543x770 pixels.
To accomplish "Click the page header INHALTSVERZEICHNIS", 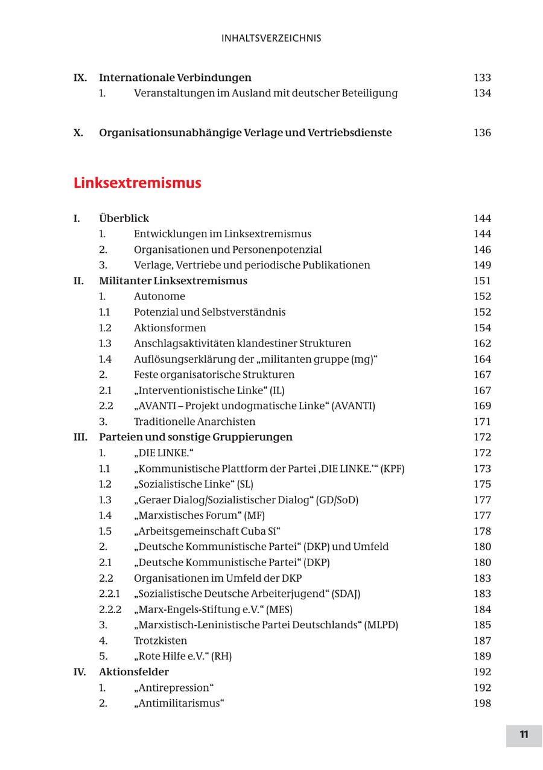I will click(271, 38).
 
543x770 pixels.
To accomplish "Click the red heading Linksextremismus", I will click(137, 183).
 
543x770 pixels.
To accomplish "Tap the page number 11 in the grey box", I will click(524, 734).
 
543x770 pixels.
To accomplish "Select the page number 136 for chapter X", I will click(482, 133).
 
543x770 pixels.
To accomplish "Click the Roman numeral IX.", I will click(80, 78).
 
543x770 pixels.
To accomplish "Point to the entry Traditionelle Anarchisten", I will click(194, 422).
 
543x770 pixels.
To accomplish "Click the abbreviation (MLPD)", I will click(381, 625).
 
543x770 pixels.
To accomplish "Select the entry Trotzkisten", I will click(160, 641).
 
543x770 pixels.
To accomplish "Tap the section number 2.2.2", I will click(110, 609).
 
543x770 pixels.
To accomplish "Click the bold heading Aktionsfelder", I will click(134, 672).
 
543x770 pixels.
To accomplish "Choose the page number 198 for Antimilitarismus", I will click(482, 703).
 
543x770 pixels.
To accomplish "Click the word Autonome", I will click(159, 296).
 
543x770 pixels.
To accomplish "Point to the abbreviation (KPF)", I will click(393, 469).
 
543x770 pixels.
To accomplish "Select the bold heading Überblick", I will click(124, 218).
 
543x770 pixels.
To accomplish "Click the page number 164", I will click(482, 359).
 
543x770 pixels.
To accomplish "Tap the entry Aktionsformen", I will click(170, 328).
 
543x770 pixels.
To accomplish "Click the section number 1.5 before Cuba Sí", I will click(105, 531).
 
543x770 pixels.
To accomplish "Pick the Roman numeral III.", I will click(80, 437).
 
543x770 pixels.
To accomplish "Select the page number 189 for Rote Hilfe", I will click(482, 657).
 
